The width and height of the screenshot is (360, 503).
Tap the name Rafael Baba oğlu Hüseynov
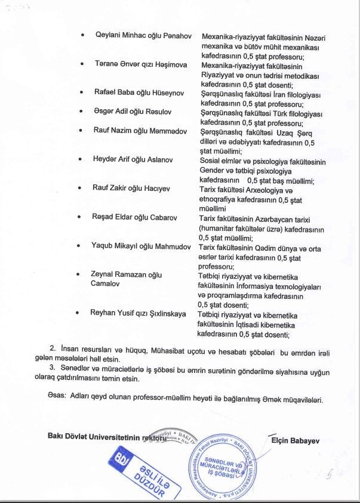(x=139, y=92)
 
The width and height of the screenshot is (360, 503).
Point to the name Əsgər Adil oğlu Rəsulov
(x=132, y=111)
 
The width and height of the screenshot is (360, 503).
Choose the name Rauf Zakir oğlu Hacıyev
(x=132, y=188)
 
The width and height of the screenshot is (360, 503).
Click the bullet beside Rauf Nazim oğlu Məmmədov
(x=80, y=131)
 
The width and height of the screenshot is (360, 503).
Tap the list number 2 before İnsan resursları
(x=53, y=347)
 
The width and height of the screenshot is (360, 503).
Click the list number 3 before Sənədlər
(x=53, y=367)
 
